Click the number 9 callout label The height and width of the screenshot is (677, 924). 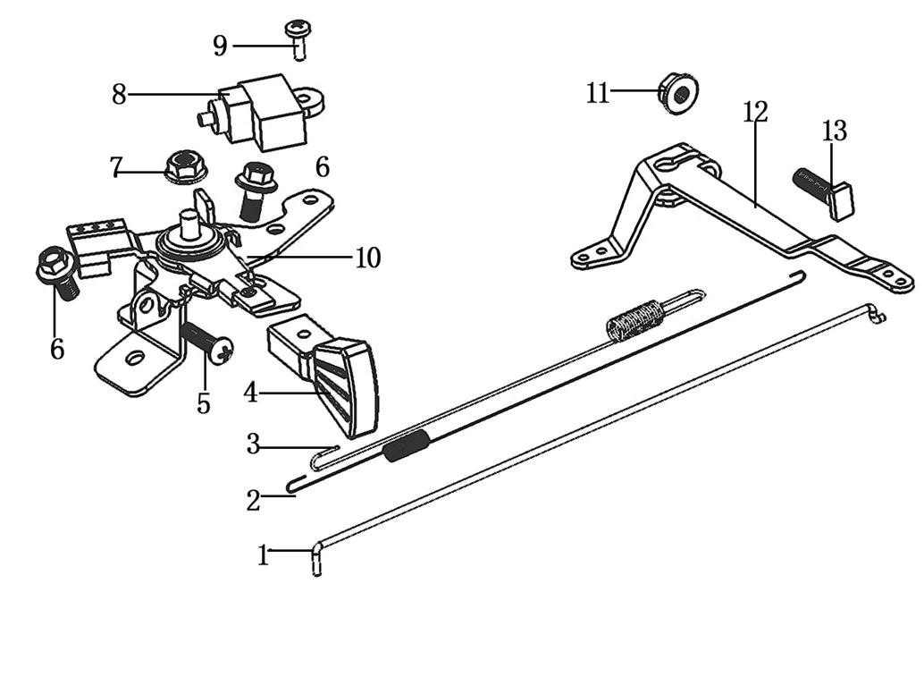(x=220, y=46)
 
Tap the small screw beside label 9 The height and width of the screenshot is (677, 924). (x=297, y=39)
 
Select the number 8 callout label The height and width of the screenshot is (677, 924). (x=119, y=94)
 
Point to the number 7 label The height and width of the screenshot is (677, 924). (x=115, y=167)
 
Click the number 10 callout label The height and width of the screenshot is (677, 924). (x=367, y=258)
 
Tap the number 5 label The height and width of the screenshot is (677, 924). (x=204, y=403)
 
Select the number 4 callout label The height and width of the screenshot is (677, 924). (x=250, y=392)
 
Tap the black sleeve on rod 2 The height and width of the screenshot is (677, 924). (x=407, y=444)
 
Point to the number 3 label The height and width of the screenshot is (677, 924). (x=253, y=444)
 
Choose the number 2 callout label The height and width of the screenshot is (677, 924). (x=254, y=501)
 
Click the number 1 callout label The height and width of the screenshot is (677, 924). (x=263, y=556)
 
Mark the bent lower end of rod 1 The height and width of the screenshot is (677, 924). (x=317, y=562)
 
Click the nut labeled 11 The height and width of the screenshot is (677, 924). (x=679, y=93)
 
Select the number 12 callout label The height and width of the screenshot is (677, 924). (x=755, y=113)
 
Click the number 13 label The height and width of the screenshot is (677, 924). (x=834, y=131)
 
